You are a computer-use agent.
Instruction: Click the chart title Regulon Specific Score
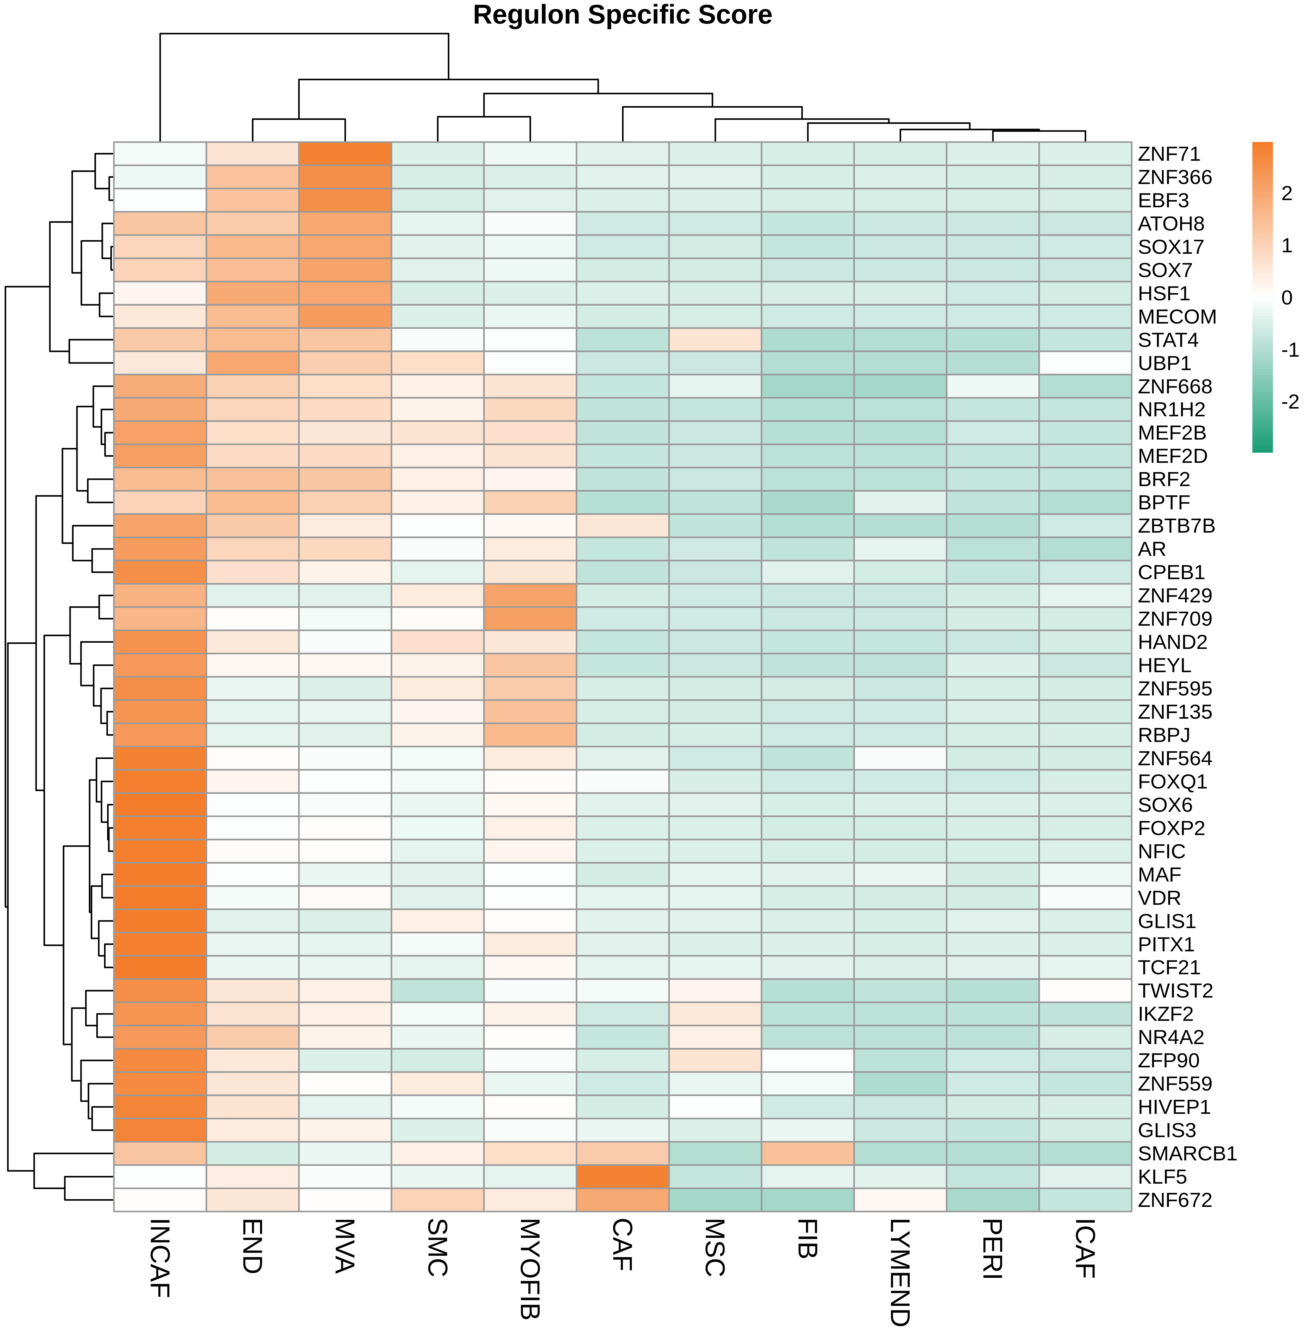pyautogui.click(x=622, y=15)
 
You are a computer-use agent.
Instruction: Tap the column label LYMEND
pyautogui.click(x=900, y=1273)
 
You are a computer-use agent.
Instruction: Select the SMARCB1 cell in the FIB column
pyautogui.click(x=807, y=1153)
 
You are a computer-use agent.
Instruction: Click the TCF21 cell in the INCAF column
pyautogui.click(x=160, y=967)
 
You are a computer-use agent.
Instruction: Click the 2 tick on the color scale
pyautogui.click(x=1286, y=194)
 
